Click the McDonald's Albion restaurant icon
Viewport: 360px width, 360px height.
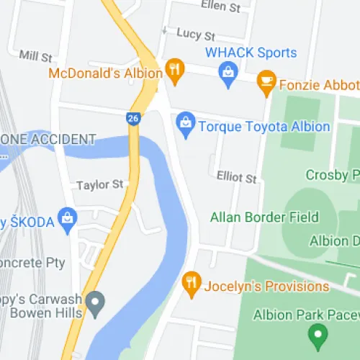click(x=174, y=70)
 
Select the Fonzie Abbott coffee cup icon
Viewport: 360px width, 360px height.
click(x=266, y=82)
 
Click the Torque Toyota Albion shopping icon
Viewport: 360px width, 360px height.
click(x=186, y=124)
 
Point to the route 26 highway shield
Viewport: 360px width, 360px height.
click(x=133, y=118)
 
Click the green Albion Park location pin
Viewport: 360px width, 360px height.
click(x=316, y=334)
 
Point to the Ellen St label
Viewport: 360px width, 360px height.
click(x=221, y=7)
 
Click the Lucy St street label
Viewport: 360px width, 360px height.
click(x=196, y=35)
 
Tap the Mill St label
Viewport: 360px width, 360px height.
click(x=36, y=55)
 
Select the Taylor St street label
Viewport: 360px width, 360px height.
click(x=100, y=185)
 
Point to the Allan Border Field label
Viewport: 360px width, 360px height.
click(x=264, y=217)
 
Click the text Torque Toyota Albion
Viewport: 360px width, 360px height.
click(x=264, y=127)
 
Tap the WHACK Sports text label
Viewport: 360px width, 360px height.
click(x=251, y=53)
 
